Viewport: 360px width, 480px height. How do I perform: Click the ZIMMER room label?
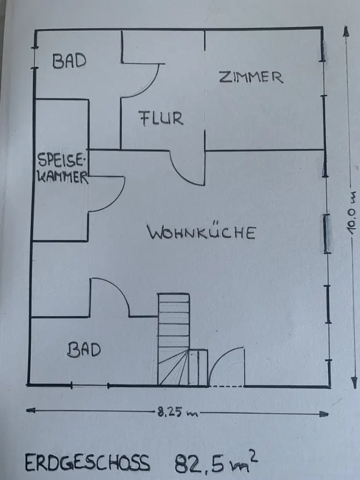[x=251, y=77]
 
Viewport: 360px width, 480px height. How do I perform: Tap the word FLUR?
[x=161, y=119]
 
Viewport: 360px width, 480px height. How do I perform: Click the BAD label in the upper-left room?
[x=69, y=60]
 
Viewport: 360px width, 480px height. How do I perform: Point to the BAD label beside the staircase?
[x=84, y=350]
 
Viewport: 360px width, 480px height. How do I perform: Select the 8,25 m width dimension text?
[x=177, y=413]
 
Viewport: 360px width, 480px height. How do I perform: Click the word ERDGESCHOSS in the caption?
[x=87, y=463]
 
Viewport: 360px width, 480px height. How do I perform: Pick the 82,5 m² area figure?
[x=216, y=461]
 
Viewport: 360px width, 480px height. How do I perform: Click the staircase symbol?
[x=182, y=339]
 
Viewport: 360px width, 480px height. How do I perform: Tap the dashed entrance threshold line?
[x=226, y=386]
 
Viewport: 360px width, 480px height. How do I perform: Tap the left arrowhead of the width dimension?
[x=30, y=410]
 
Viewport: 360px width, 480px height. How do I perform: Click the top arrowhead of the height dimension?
[x=346, y=31]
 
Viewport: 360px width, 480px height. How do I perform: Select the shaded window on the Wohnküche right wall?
[x=327, y=234]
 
